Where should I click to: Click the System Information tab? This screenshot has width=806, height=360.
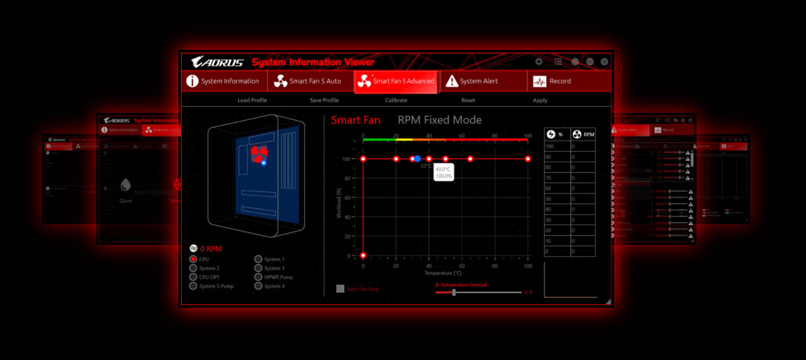click(x=223, y=81)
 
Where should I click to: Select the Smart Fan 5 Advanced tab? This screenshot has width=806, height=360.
click(x=396, y=81)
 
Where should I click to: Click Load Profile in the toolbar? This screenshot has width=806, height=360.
click(x=252, y=100)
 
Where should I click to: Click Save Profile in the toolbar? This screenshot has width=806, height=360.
click(x=324, y=100)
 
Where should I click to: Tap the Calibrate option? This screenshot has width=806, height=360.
click(x=396, y=100)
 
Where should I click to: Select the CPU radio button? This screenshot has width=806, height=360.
click(x=193, y=259)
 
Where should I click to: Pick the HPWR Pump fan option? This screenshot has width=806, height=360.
click(x=259, y=277)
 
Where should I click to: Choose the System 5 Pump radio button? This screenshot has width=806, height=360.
click(x=193, y=286)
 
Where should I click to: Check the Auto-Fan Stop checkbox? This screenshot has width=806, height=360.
click(x=340, y=289)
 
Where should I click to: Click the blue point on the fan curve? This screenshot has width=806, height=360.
click(x=417, y=159)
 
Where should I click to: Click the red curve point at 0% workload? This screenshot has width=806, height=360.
click(x=363, y=255)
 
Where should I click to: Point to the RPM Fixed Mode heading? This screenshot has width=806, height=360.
click(x=440, y=120)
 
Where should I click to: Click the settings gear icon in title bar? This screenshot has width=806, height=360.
click(x=539, y=62)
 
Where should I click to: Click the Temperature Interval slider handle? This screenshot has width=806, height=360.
click(x=454, y=293)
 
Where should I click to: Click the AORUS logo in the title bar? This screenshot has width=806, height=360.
click(x=217, y=62)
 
